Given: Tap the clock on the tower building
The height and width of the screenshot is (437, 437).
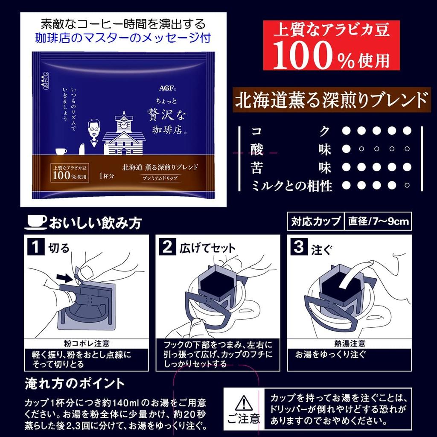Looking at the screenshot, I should tap(124, 125).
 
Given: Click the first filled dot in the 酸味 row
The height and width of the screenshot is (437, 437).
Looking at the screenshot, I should tap(347, 149).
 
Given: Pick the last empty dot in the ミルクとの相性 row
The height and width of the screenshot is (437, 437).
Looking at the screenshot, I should tap(407, 186).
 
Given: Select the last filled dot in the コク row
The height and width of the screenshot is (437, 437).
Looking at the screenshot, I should tap(407, 130).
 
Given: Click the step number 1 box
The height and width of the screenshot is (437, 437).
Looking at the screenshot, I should tap(36, 247).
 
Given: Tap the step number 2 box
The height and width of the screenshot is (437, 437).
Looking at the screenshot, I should tap(168, 247).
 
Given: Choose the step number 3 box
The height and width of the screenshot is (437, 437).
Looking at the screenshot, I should tap(298, 247).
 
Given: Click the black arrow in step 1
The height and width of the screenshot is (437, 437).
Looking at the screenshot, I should tap(66, 278).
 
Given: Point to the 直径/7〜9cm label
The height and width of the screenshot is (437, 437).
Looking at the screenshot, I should tap(378, 221).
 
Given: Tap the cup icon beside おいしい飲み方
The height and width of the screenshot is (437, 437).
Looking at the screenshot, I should tap(37, 222).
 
